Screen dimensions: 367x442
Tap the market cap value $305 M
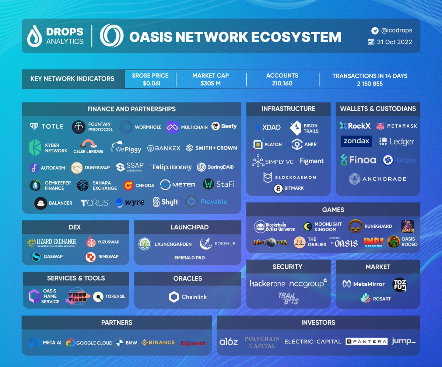tap(210, 84)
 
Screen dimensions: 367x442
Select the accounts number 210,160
tap(282, 84)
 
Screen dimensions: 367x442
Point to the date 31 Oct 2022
tap(394, 42)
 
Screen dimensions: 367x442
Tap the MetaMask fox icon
tap(380, 126)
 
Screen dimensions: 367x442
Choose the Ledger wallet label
tap(401, 142)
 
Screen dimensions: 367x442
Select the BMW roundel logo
tap(119, 342)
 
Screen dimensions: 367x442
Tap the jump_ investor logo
tap(403, 341)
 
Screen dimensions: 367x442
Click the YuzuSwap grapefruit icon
tap(91, 242)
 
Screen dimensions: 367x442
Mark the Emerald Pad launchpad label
tap(189, 257)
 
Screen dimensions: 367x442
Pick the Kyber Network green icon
tap(35, 147)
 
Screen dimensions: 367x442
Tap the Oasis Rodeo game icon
tap(393, 241)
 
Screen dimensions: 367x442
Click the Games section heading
tap(333, 210)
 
